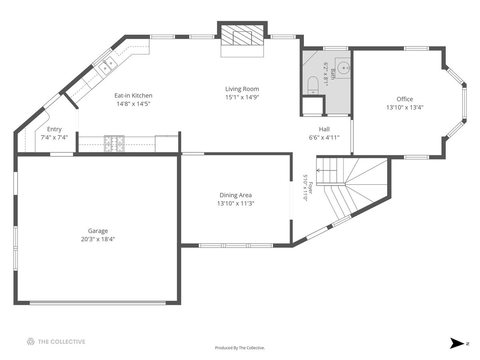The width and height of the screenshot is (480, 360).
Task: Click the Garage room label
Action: [x=98, y=231]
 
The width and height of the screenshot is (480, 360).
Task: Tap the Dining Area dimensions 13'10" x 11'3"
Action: [x=236, y=204]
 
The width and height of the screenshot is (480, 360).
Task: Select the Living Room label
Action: [x=242, y=89]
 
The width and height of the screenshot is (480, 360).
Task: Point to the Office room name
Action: [x=404, y=99]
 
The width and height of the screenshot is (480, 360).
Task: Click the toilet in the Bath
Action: [x=313, y=86]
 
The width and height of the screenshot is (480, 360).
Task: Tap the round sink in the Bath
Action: [x=344, y=68]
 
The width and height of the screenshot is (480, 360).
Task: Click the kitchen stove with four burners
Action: [x=114, y=144]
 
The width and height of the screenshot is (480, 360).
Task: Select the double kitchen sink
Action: [x=108, y=66]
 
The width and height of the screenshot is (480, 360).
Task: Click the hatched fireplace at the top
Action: [x=242, y=35]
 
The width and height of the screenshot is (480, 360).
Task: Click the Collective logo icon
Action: [x=31, y=342]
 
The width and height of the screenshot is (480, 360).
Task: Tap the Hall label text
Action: [x=324, y=129]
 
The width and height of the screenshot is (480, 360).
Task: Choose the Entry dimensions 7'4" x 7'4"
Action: [x=54, y=138]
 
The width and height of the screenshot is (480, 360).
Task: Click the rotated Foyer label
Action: [x=310, y=188]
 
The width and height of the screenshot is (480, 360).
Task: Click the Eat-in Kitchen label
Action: [x=133, y=96]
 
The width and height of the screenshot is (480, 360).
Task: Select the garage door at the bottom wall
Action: [x=98, y=303]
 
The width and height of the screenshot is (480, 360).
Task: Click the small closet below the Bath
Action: [x=312, y=106]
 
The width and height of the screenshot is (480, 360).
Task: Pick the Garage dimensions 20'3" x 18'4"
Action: [x=98, y=239]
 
